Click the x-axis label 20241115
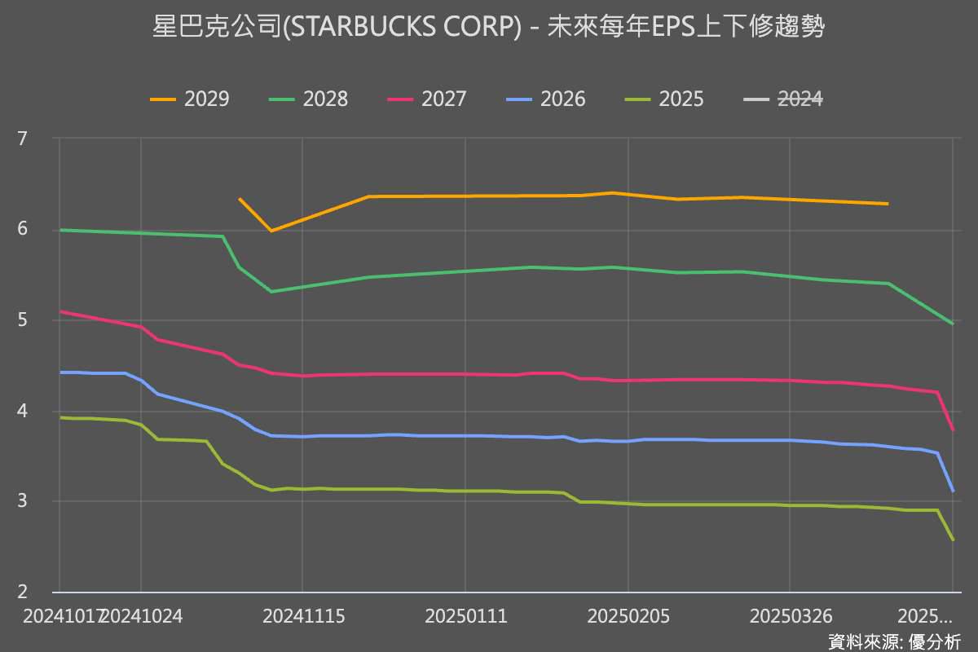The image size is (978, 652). click(303, 615)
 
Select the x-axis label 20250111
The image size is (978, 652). click(465, 615)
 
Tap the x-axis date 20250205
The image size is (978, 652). click(628, 615)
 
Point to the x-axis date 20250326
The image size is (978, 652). click(790, 615)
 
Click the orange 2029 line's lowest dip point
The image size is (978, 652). click(271, 231)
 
